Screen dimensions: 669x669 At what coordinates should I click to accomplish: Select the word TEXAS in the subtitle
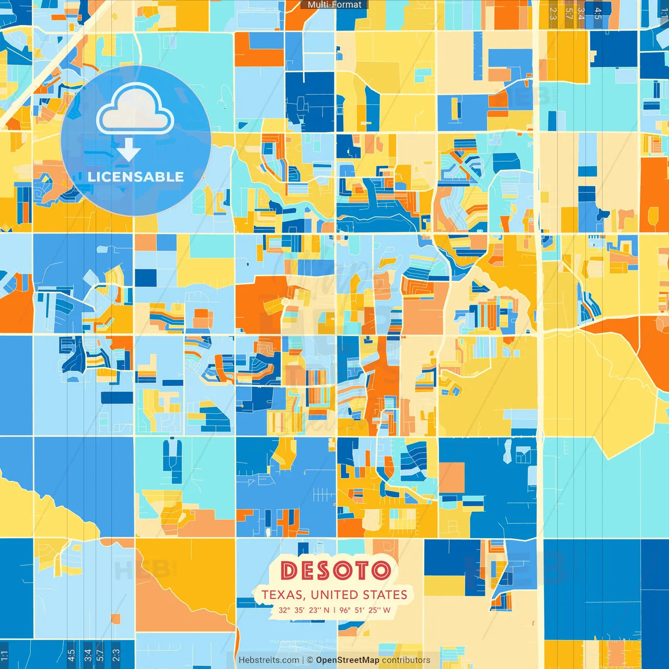tap(282, 595)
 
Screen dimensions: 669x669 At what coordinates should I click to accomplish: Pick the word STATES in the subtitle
tap(385, 595)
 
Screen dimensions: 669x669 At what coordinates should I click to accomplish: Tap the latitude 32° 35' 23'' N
tap(304, 610)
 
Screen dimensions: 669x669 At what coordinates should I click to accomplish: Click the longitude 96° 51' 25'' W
tap(365, 610)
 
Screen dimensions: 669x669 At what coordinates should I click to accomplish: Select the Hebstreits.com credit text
tap(269, 660)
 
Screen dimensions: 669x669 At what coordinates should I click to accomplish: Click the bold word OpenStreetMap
tap(348, 660)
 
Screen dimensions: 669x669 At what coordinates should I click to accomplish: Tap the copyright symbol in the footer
tap(310, 660)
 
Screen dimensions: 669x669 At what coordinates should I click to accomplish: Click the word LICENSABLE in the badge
tap(136, 177)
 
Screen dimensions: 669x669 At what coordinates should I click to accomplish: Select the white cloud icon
tap(135, 109)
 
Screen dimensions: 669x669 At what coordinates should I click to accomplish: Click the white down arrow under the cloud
tap(129, 149)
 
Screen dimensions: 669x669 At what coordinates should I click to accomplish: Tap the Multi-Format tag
tap(334, 5)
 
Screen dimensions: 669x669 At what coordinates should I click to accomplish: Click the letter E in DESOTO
tap(307, 570)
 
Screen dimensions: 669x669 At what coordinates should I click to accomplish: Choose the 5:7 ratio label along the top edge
tap(569, 14)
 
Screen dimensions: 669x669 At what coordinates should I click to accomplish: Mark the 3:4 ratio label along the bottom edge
tap(88, 655)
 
